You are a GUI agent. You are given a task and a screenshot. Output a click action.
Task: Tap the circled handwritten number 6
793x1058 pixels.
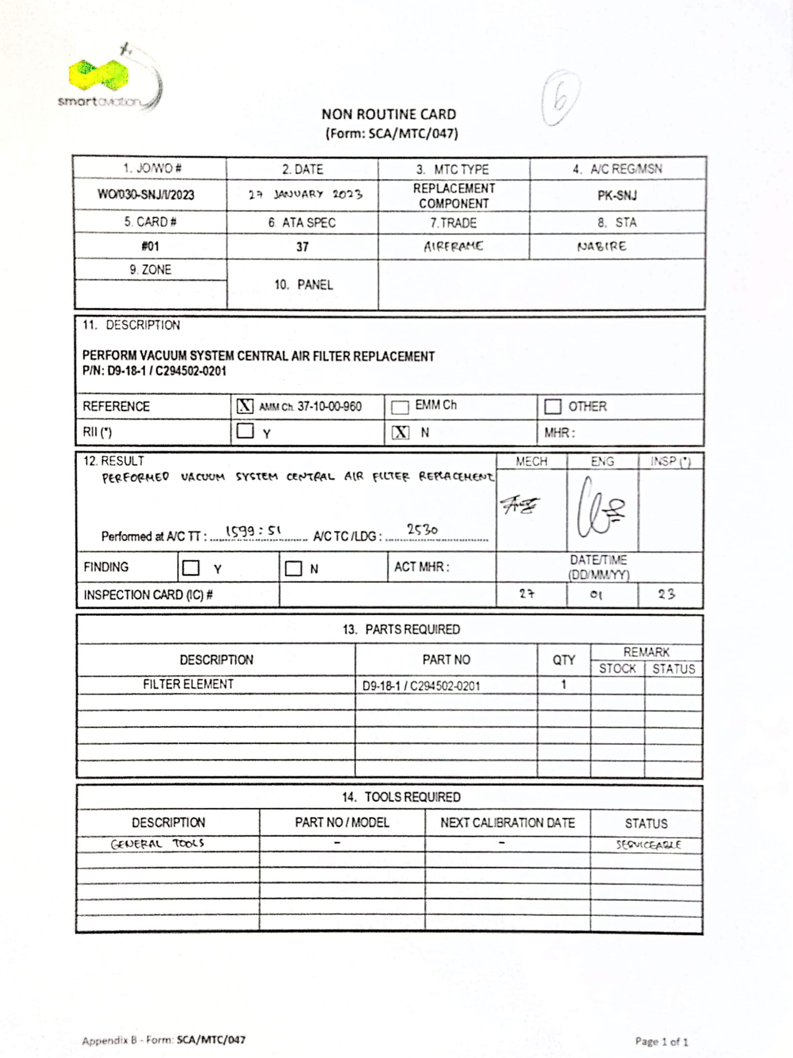coord(560,98)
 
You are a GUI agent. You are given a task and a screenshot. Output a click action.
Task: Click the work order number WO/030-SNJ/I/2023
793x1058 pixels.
coord(146,195)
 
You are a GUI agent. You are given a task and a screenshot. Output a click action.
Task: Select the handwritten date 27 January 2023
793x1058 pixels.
coord(305,195)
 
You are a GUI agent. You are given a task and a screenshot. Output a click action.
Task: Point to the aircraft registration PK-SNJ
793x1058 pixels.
coord(617,196)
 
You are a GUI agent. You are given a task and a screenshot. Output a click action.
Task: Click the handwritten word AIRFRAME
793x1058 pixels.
coord(453,246)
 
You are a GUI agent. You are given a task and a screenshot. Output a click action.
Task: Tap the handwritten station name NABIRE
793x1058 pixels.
coord(601,246)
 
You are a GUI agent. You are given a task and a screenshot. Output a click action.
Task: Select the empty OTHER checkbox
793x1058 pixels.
coord(552,407)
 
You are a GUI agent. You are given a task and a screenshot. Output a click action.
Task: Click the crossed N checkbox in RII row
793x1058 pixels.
coord(400,432)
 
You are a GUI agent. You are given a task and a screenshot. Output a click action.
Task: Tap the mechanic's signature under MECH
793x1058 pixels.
coord(520,505)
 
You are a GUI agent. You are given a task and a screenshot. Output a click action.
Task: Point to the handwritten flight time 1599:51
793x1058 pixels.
coord(253,531)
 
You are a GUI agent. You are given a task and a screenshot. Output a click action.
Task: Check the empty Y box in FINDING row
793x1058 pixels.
coord(191,568)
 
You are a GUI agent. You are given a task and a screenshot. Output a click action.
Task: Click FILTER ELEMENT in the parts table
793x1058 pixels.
coord(188,684)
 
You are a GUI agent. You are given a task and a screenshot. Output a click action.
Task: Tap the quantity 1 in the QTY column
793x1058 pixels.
coord(563,685)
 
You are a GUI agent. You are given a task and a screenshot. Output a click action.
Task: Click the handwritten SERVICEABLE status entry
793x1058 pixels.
coord(648,845)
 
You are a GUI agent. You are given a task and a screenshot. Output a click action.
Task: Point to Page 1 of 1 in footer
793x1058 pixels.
coord(661,1041)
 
